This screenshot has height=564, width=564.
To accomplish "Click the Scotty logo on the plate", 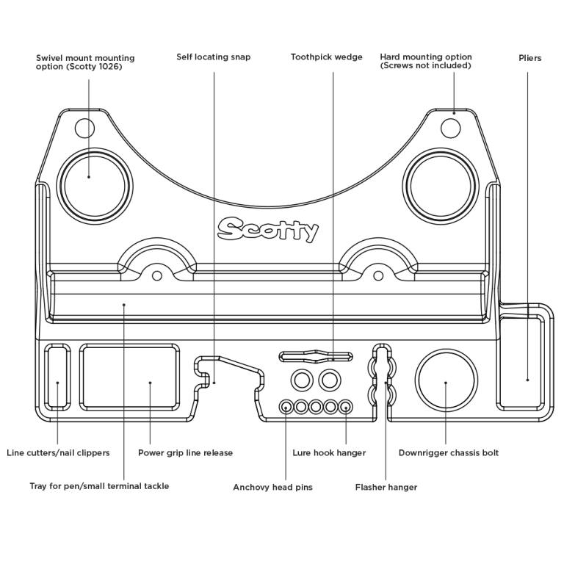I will click(x=268, y=229).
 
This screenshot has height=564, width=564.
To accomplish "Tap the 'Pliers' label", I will click(x=529, y=58).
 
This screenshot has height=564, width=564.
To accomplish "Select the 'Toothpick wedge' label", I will click(x=326, y=57).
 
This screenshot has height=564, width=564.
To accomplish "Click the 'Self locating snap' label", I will click(x=213, y=57).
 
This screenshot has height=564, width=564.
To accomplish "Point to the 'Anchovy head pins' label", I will click(x=272, y=487).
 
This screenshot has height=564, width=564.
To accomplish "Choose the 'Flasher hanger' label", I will click(x=386, y=487).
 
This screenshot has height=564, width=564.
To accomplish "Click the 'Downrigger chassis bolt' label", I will click(x=448, y=452).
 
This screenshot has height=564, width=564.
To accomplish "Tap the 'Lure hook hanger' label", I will click(x=329, y=452).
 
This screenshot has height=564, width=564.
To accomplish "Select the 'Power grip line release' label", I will click(x=185, y=452).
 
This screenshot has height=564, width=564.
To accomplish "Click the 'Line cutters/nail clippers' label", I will click(x=58, y=452).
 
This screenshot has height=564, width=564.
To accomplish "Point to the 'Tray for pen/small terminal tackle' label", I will click(x=99, y=485).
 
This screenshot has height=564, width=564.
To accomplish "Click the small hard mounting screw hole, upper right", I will click(x=451, y=129).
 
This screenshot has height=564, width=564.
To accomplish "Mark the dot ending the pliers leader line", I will click(x=527, y=380).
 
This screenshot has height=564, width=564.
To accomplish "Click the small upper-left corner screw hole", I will click(x=85, y=129).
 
